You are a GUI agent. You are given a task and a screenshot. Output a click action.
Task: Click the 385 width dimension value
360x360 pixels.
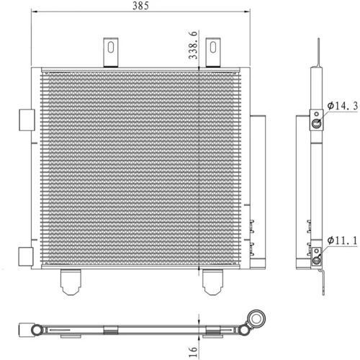pyautogui.click(x=140, y=6)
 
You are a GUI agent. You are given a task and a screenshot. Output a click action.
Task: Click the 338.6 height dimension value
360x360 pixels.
pyautogui.click(x=193, y=45)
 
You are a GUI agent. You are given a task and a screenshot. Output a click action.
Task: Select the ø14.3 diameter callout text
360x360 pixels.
pyautogui.click(x=343, y=106)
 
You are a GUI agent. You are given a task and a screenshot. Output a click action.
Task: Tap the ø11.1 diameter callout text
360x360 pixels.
pyautogui.click(x=343, y=240)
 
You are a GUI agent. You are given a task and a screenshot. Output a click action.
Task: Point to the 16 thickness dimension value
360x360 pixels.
pyautogui.click(x=193, y=352)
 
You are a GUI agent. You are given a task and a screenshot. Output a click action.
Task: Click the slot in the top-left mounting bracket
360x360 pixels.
pyautogui.click(x=111, y=48)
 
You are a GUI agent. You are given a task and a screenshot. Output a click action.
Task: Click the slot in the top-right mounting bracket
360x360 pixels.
pyautogui.click(x=213, y=48)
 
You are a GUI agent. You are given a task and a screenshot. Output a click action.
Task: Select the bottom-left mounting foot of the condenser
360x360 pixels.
pyautogui.click(x=71, y=282)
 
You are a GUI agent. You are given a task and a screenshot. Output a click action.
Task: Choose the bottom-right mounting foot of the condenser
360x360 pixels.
pyautogui.click(x=212, y=282)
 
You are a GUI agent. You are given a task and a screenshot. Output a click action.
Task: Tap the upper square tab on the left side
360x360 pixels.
pyautogui.click(x=27, y=120)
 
